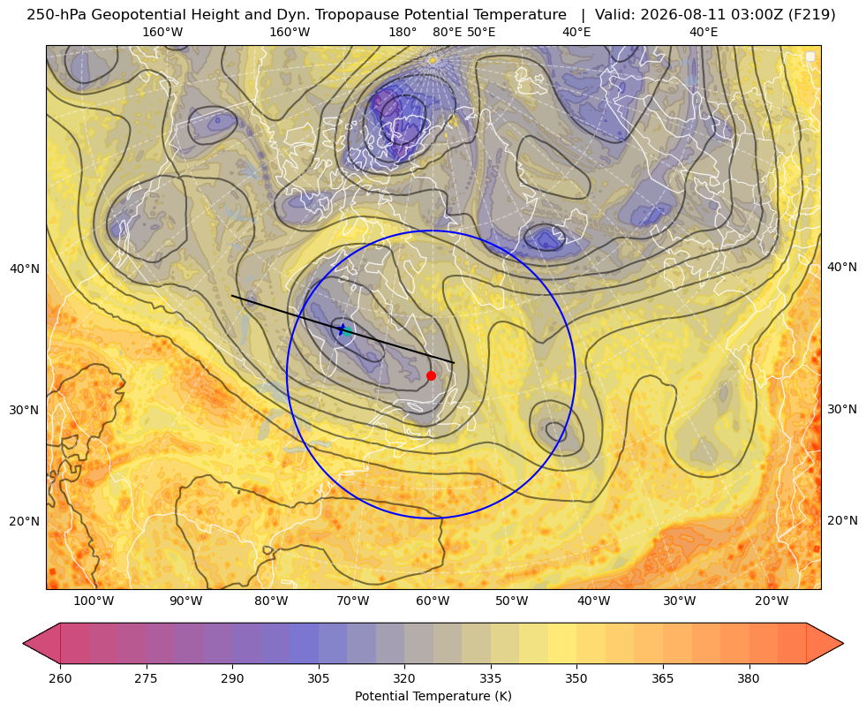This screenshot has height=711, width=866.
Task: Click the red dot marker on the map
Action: (432, 375)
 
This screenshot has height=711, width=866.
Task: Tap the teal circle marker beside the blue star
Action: (348, 331)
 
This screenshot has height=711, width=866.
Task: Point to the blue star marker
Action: (342, 329)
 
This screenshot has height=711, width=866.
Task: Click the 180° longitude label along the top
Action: (403, 32)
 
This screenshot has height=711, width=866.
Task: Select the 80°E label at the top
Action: (448, 32)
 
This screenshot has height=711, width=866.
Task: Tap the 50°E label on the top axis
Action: (482, 32)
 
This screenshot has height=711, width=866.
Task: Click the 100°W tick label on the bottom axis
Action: (94, 601)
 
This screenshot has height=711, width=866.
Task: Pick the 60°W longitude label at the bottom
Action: (433, 601)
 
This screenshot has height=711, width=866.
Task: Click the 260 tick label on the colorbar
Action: (60, 678)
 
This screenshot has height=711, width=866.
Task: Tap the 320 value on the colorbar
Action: (404, 678)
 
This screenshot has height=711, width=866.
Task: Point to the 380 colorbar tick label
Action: (749, 678)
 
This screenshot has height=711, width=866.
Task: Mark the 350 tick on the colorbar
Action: (576, 678)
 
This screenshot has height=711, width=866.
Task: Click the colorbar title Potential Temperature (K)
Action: (433, 696)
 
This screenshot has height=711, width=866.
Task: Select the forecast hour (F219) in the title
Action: (812, 15)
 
